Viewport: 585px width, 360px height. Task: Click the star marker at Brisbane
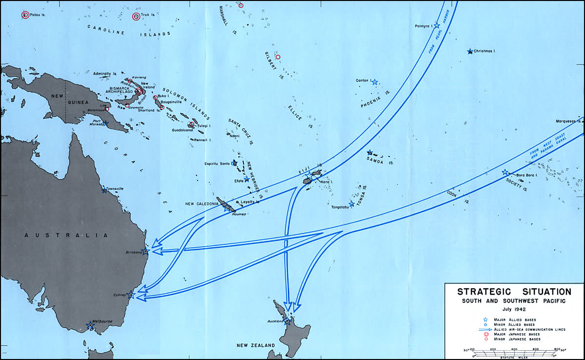145,252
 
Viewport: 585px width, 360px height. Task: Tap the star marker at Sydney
130,295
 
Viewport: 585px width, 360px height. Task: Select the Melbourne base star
90,325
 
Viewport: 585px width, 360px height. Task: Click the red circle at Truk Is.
136,17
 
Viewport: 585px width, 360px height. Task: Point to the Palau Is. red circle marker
25,15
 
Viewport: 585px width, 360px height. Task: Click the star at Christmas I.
470,51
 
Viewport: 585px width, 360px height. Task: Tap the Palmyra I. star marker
437,25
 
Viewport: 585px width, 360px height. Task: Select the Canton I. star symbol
375,82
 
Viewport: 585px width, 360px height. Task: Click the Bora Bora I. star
505,172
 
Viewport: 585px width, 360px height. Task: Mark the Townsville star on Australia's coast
104,190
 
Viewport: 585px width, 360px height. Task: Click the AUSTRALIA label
66,236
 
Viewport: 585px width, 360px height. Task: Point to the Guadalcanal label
183,130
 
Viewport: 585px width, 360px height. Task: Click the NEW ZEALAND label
256,345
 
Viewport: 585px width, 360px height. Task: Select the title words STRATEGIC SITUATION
514,292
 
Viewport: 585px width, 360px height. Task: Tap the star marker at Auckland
288,321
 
